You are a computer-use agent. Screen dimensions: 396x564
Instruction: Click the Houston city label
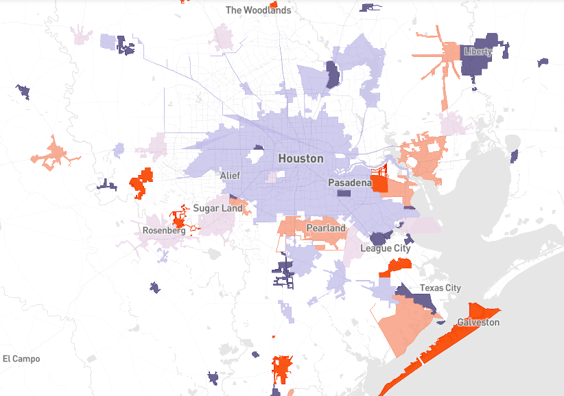pos(301,159)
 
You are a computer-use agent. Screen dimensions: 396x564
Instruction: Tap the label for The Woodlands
pos(258,10)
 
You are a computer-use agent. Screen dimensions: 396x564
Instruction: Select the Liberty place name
pos(478,51)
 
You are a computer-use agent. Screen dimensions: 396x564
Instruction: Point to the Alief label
pos(230,176)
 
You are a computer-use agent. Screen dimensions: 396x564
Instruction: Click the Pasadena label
pos(349,183)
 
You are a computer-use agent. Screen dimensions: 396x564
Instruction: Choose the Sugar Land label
pos(218,208)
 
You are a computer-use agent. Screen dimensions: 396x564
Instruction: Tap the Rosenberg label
pos(164,231)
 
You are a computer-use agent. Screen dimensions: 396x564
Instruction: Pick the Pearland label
pos(326,228)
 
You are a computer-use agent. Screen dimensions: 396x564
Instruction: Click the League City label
pos(386,248)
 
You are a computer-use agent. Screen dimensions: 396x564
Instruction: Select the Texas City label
pos(440,288)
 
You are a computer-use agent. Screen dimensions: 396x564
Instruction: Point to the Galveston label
pos(478,322)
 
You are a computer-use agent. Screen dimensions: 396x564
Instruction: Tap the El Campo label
pos(21,359)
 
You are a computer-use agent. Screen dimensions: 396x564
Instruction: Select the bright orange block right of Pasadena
pos(379,185)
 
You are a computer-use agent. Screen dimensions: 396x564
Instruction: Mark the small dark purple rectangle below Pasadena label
pos(343,194)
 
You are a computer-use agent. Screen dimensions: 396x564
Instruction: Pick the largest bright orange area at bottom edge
pos(282,369)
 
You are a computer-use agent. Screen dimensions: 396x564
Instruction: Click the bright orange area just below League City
pos(399,266)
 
